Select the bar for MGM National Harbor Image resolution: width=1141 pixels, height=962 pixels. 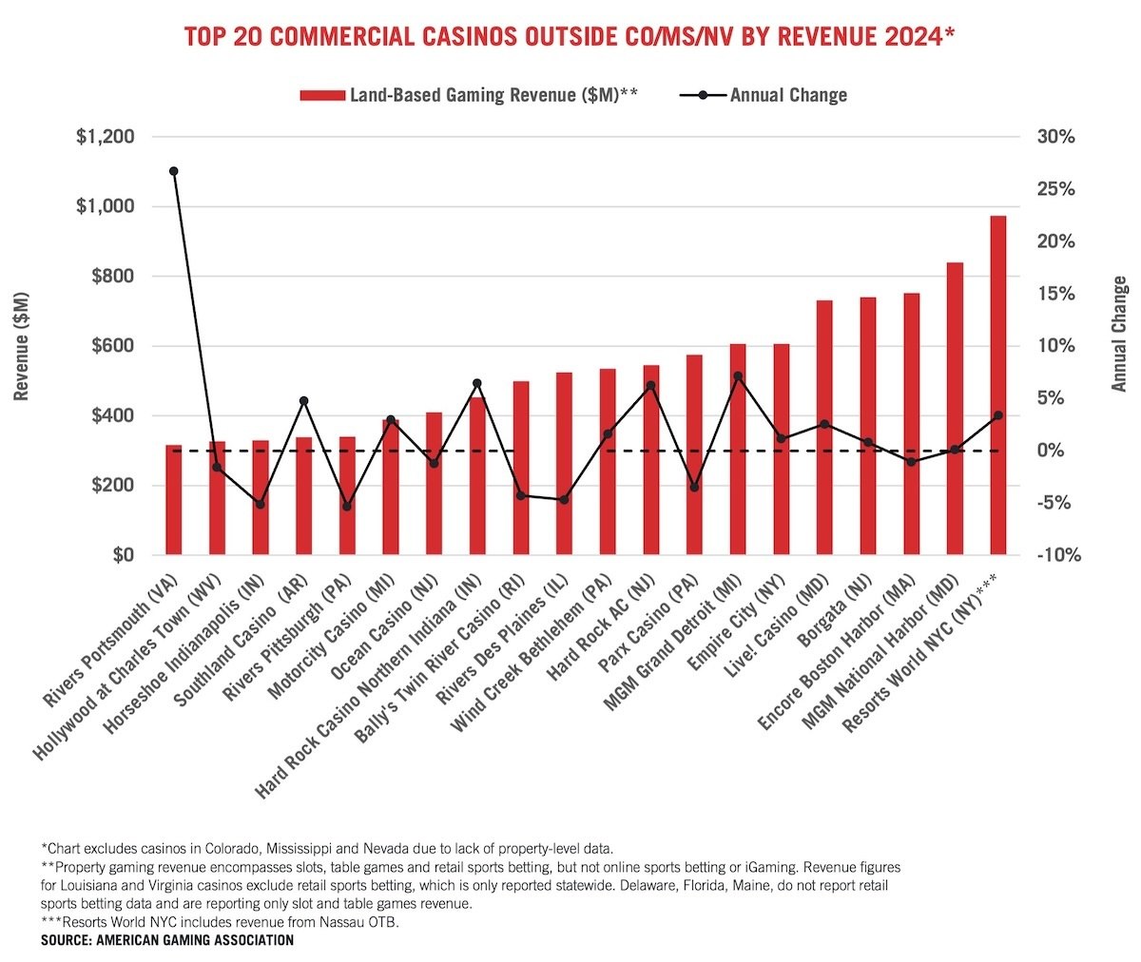[x=955, y=409]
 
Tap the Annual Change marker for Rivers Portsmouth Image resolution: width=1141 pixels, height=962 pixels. [x=173, y=171]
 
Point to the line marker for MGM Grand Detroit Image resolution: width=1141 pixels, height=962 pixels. [x=738, y=376]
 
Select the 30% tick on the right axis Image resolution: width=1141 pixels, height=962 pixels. [x=1055, y=137]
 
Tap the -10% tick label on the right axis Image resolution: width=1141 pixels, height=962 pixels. [x=1057, y=555]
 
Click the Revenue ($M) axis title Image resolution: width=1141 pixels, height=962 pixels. [x=23, y=346]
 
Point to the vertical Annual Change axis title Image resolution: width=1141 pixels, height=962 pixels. [x=1119, y=333]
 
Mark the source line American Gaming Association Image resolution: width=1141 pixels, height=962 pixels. [x=167, y=940]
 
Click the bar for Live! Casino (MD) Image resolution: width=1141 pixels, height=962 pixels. [x=824, y=428]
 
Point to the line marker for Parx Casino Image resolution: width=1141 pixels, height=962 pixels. [x=694, y=487]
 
